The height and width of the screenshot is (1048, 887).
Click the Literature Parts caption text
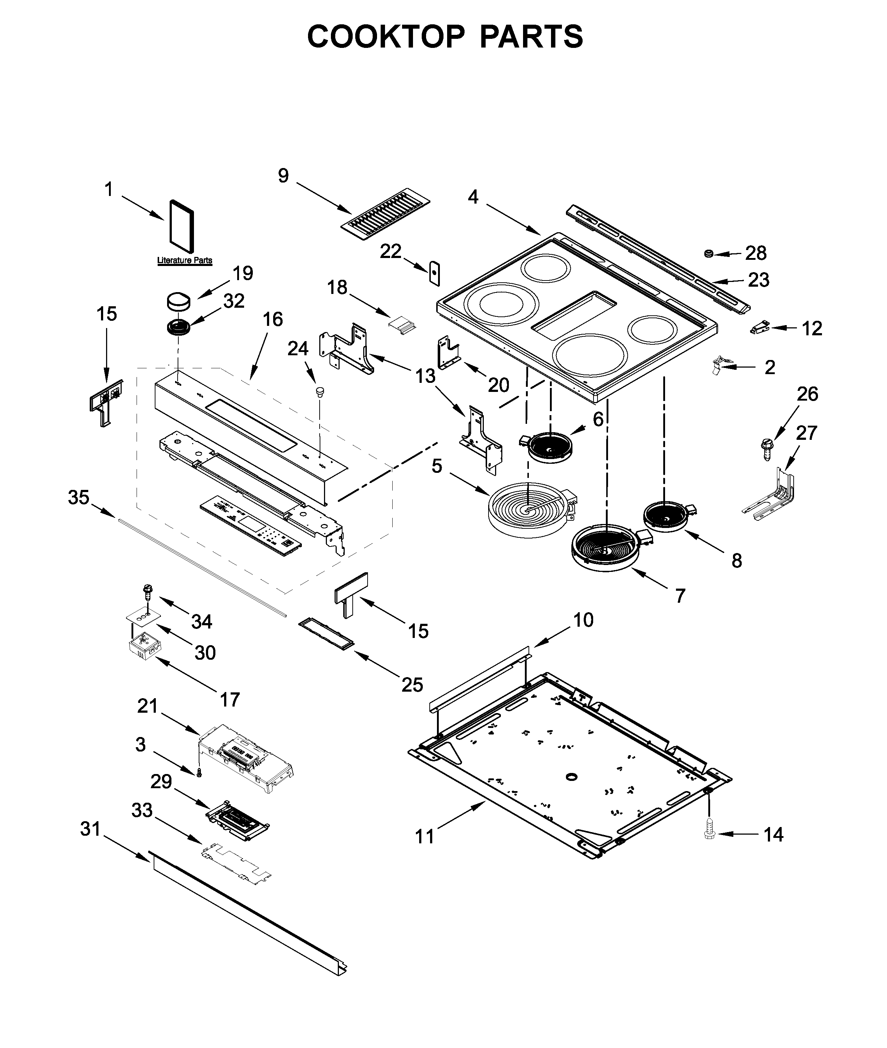(185, 260)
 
